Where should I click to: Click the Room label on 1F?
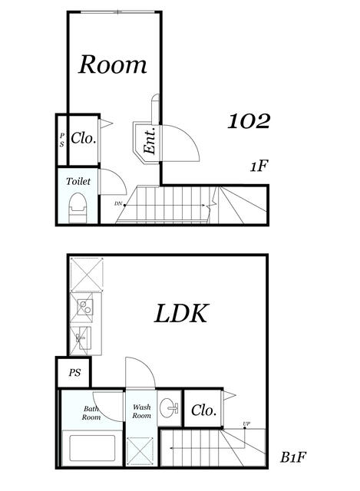(113, 64)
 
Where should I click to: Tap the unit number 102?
(249, 121)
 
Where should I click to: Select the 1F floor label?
(259, 166)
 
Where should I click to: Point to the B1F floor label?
(293, 457)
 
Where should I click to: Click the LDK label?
(181, 313)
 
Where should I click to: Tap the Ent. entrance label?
(150, 140)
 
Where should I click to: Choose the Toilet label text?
(78, 181)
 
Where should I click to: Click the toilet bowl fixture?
(77, 208)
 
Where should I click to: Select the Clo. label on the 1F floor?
(84, 138)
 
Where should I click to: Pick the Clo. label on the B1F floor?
(204, 410)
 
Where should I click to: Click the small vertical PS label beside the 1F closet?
(62, 140)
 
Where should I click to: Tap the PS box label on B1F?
(74, 373)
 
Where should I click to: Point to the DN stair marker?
(118, 203)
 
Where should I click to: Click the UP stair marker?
(246, 423)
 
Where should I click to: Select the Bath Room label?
(91, 413)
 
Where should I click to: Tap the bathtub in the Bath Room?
(92, 448)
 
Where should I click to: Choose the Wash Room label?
(141, 411)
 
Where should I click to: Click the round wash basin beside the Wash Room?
(169, 408)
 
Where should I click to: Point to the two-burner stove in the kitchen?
(85, 308)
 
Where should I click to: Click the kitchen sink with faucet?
(84, 338)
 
